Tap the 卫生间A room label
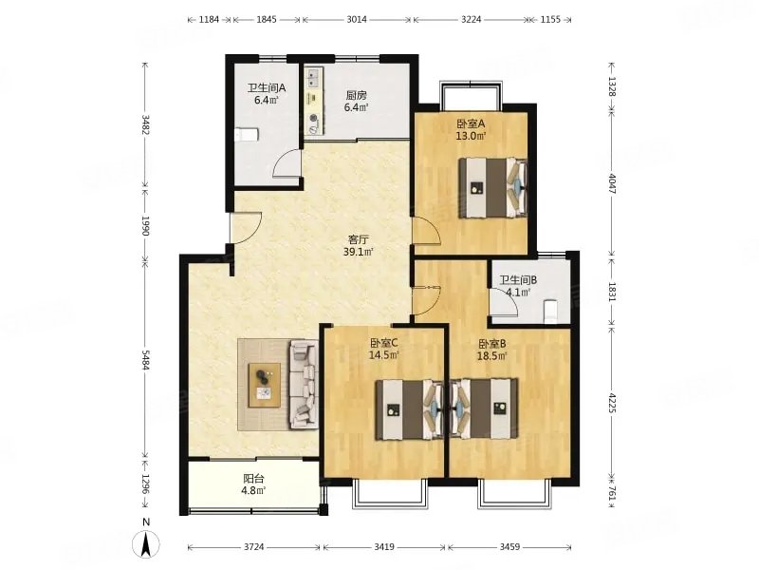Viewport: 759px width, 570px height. pos(267,88)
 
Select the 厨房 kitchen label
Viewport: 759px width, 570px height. pos(356,96)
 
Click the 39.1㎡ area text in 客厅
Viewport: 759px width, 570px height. pos(358,252)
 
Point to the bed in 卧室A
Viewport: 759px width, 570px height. pos(492,187)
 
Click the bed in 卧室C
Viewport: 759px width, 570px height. pos(410,409)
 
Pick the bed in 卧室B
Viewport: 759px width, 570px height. pos(484,409)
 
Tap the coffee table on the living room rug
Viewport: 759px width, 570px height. pos(265,385)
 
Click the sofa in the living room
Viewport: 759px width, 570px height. pos(304,385)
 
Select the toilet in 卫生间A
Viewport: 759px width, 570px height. pos(247,134)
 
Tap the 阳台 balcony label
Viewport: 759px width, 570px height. pos(253,479)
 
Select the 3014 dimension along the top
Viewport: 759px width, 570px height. pos(357,19)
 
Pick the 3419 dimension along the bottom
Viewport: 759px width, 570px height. pos(384,547)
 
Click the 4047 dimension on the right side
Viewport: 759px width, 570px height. pos(612,184)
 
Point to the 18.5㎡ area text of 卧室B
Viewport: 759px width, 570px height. pos(492,356)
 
